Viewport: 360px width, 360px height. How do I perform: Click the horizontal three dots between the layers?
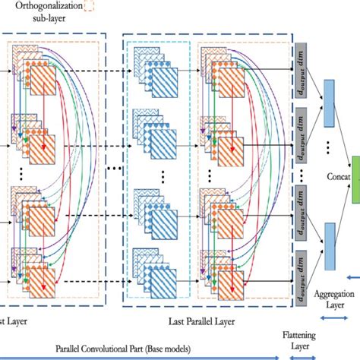pyautogui.click(x=115, y=167)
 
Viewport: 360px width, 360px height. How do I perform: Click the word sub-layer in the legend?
pyautogui.click(x=43, y=21)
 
